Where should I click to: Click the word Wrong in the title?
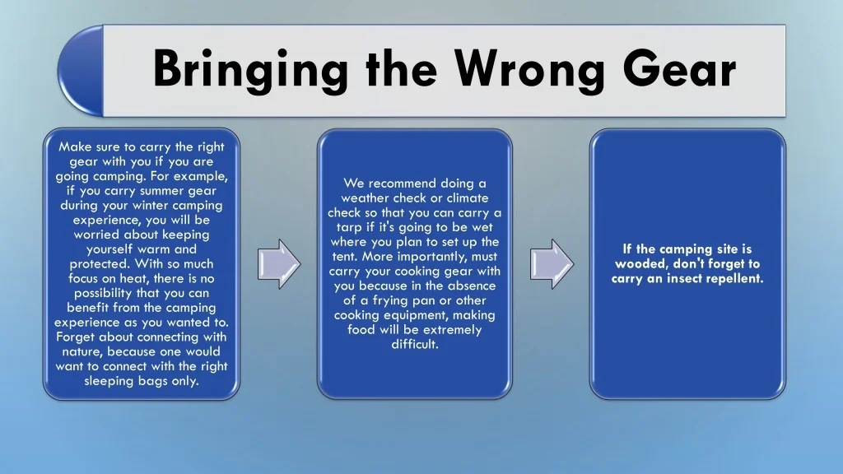click(x=529, y=69)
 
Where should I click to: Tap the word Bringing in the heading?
click(x=250, y=69)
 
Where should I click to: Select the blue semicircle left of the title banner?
click(x=82, y=71)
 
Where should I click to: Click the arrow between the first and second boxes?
click(x=279, y=264)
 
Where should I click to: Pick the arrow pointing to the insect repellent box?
click(x=552, y=264)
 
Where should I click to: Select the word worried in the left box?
click(x=97, y=235)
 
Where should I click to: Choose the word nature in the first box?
click(x=82, y=352)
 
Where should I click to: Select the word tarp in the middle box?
click(x=349, y=228)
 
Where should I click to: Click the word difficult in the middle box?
click(x=415, y=344)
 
